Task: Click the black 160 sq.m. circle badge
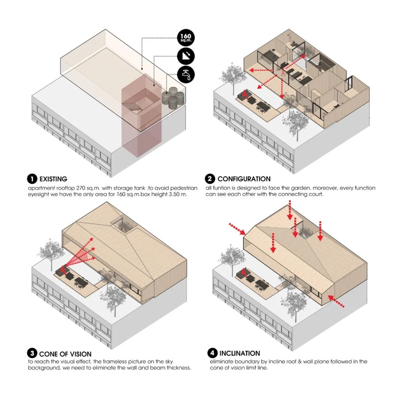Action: [x=186, y=38]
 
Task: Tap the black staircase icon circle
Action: [x=186, y=56]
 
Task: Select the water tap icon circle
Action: [x=186, y=74]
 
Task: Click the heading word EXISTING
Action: [x=53, y=179]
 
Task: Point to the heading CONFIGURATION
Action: [x=244, y=179]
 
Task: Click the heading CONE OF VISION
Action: [x=65, y=354]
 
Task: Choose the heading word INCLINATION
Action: [x=240, y=353]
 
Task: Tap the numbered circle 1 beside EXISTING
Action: [x=32, y=179]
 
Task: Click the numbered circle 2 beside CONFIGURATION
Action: [x=210, y=178]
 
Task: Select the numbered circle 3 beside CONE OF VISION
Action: [x=32, y=353]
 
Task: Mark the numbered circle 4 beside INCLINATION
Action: [x=212, y=353]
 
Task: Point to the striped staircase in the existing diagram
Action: [x=132, y=106]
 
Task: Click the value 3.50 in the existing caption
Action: [x=174, y=194]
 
